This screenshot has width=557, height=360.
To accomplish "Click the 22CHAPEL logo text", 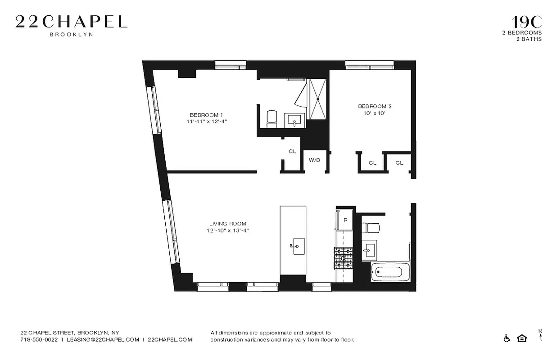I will click(71, 22).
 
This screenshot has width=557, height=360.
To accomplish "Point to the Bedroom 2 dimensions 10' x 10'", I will click(375, 114).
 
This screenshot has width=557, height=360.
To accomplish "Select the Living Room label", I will click(227, 224).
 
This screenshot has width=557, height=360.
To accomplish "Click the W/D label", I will click(314, 160).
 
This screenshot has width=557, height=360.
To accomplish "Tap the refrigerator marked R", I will click(345, 220).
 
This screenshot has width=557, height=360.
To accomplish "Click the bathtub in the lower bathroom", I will click(387, 272).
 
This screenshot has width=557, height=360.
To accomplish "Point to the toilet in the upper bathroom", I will click(272, 118).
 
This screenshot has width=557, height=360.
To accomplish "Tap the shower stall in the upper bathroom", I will click(318, 99).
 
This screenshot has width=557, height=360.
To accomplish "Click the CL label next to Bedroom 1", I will click(292, 152).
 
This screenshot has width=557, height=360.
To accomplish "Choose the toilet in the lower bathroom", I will click(373, 227).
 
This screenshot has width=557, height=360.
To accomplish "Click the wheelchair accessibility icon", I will click(507, 338).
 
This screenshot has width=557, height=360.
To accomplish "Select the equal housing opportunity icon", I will click(522, 338).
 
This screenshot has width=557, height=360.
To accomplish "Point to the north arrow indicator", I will click(540, 335).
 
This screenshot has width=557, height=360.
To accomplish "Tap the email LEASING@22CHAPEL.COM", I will click(103, 340).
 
